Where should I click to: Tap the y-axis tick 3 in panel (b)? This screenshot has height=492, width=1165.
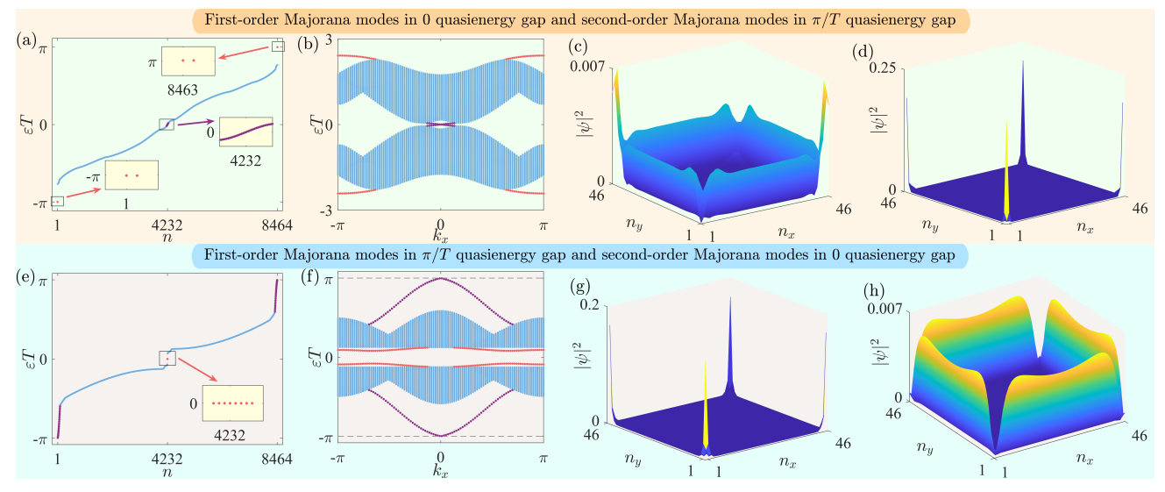330,39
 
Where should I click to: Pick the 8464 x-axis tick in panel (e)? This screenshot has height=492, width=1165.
276,457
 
